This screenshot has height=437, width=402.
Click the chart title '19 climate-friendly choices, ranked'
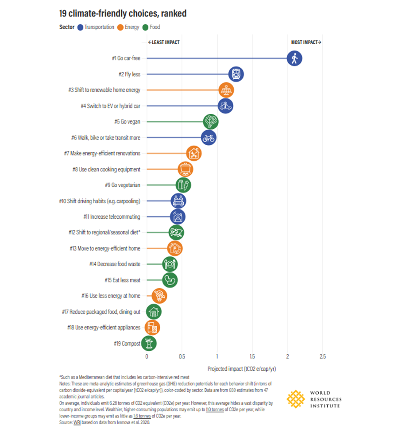123,14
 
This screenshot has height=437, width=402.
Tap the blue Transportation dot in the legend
80,27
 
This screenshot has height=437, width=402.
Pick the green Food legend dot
145,27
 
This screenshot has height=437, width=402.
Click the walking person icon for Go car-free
294,58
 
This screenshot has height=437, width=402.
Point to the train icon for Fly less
236,74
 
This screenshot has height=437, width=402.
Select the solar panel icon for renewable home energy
226,90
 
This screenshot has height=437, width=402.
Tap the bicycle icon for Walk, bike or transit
208,138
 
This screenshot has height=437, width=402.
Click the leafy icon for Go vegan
211,122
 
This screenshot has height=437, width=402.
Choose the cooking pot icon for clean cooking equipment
186,169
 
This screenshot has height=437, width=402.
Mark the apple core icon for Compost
149,343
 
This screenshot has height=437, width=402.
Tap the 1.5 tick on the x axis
252,356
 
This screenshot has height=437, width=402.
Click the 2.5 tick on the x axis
322,356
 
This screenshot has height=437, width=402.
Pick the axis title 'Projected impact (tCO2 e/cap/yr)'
241,369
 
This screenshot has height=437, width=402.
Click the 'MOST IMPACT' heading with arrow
306,42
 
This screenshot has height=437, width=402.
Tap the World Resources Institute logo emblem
295,399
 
